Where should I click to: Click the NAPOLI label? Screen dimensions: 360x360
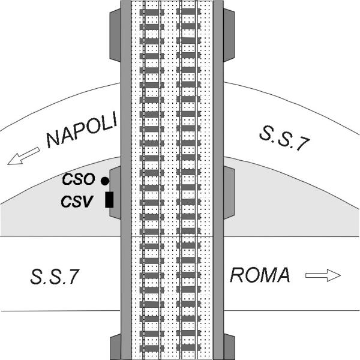(x=82, y=130)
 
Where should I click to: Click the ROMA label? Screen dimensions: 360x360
(x=260, y=275)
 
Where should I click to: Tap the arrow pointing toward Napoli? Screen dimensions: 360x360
(x=23, y=157)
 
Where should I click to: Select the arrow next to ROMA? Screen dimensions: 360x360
(x=323, y=275)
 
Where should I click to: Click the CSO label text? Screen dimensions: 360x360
(x=79, y=179)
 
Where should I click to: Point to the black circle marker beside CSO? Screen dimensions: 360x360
(x=105, y=181)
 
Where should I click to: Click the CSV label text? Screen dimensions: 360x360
(x=77, y=202)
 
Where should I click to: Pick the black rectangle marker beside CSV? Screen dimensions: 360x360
(x=109, y=200)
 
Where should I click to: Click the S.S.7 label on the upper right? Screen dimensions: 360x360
(x=284, y=138)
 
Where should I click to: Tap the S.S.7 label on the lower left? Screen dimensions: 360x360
(x=55, y=277)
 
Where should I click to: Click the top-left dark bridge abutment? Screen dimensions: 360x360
(x=115, y=35)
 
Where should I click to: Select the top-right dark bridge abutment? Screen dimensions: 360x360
(x=229, y=35)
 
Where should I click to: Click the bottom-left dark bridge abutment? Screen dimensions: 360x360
(x=115, y=347)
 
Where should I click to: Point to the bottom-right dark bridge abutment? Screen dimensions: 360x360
(x=229, y=347)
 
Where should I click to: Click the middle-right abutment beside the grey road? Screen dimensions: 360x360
(x=229, y=193)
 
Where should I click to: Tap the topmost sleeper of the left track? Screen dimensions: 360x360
(x=152, y=12)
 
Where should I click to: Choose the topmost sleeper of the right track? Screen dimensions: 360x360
(x=188, y=12)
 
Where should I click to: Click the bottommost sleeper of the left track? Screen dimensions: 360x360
(x=152, y=348)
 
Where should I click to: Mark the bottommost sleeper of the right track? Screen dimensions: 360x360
(x=188, y=348)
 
